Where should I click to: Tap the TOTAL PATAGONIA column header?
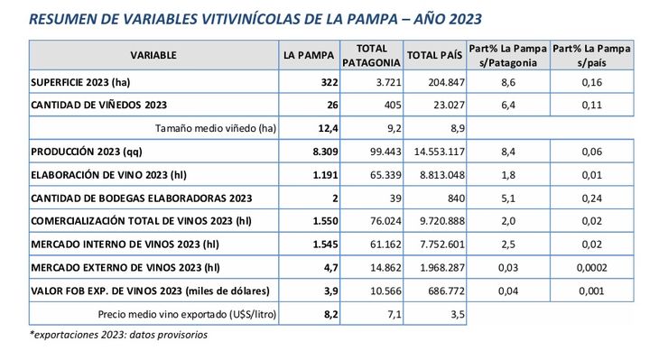click(x=371, y=55)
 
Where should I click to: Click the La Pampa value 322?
click(x=326, y=82)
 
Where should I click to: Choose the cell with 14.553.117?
click(x=437, y=151)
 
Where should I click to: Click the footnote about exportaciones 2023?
click(x=118, y=335)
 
